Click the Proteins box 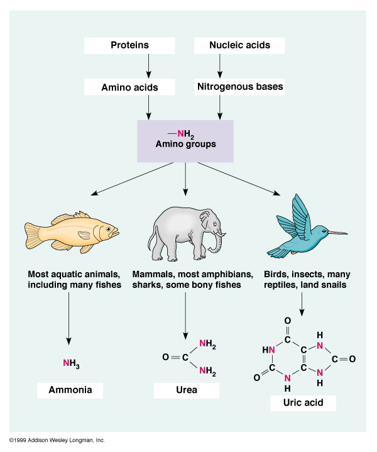coord(129,45)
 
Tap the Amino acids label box coord(129,87)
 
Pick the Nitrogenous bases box coord(239,87)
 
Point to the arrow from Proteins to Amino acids coord(149,65)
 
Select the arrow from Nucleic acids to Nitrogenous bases coord(220,65)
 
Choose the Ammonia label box coord(70,390)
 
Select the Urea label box coord(187,390)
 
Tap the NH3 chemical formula coord(71,363)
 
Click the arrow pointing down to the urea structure coord(185,314)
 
